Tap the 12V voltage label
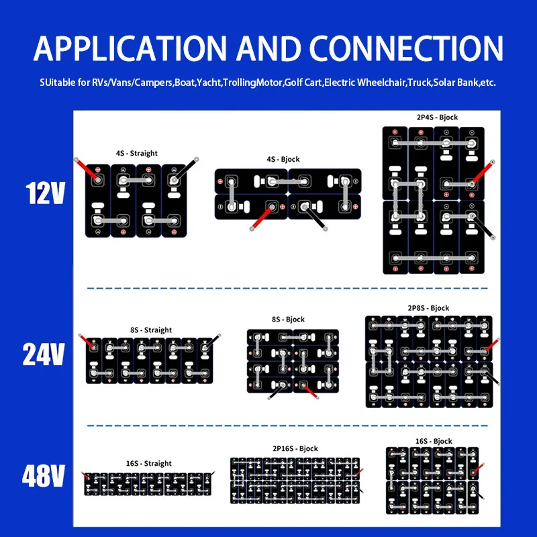pyautogui.click(x=46, y=193)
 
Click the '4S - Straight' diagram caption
pyautogui.click(x=136, y=153)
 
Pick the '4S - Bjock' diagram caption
pyautogui.click(x=283, y=159)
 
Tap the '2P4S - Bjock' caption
pyautogui.click(x=437, y=117)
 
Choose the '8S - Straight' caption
pyautogui.click(x=150, y=330)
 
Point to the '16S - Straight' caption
pyautogui.click(x=148, y=463)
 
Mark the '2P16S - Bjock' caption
pyautogui.click(x=296, y=448)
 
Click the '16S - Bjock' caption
pyautogui.click(x=434, y=441)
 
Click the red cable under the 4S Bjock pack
pyautogui.click(x=262, y=217)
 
